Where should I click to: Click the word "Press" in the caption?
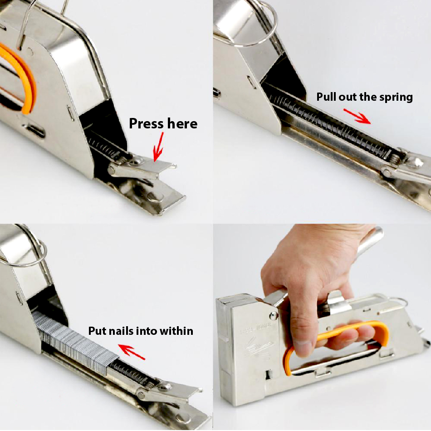147,124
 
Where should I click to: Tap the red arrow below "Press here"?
158,147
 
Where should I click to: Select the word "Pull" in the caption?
326,97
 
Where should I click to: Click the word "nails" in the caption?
122,331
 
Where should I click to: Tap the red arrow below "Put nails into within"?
132,352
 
